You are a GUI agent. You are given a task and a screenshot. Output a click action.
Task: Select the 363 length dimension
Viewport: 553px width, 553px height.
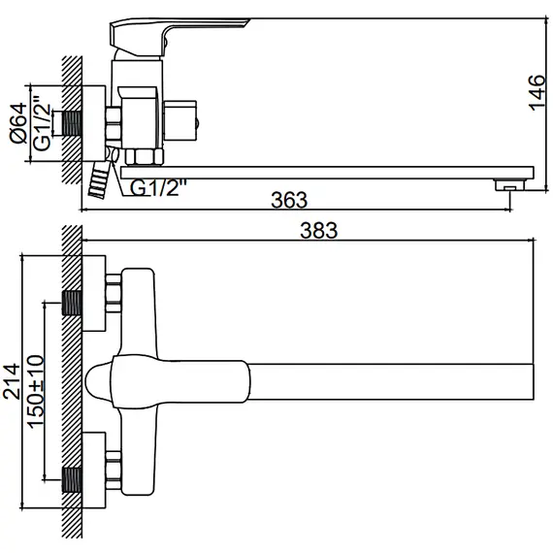(x=289, y=201)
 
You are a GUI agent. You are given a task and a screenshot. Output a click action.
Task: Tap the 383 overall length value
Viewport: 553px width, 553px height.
(x=318, y=230)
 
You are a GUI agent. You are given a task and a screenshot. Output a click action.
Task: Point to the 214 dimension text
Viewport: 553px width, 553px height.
(x=12, y=381)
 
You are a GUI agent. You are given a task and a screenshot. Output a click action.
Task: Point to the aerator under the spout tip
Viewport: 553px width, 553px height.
(x=505, y=183)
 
